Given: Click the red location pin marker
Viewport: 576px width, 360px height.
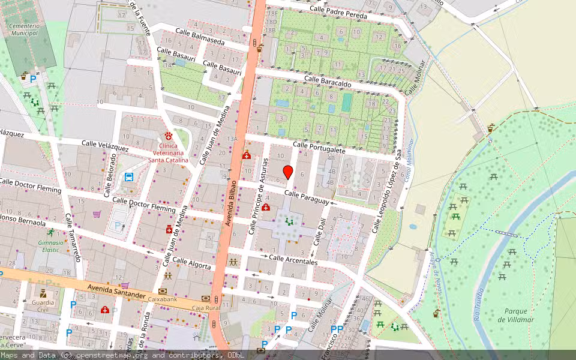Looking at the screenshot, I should pos(288,172).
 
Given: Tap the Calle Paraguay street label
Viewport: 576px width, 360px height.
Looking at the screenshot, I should pos(307,197).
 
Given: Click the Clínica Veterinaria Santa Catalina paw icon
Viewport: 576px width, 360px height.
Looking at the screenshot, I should pos(169,136).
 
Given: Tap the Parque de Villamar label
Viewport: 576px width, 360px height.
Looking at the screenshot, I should pos(516,315).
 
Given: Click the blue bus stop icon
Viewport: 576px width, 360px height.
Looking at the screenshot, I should pos(128,176).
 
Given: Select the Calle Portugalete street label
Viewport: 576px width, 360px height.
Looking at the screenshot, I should pos(319,148).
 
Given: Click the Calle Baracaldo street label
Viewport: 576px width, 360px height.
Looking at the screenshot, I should pos(327,82).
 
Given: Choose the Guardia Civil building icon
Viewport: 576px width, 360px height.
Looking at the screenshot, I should pos(43,293).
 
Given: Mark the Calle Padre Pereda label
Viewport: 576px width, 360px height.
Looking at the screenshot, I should pos(338,13).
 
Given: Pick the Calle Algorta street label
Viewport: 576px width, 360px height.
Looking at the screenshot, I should pos(191,263).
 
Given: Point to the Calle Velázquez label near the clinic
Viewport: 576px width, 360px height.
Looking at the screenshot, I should pos(105,145).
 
